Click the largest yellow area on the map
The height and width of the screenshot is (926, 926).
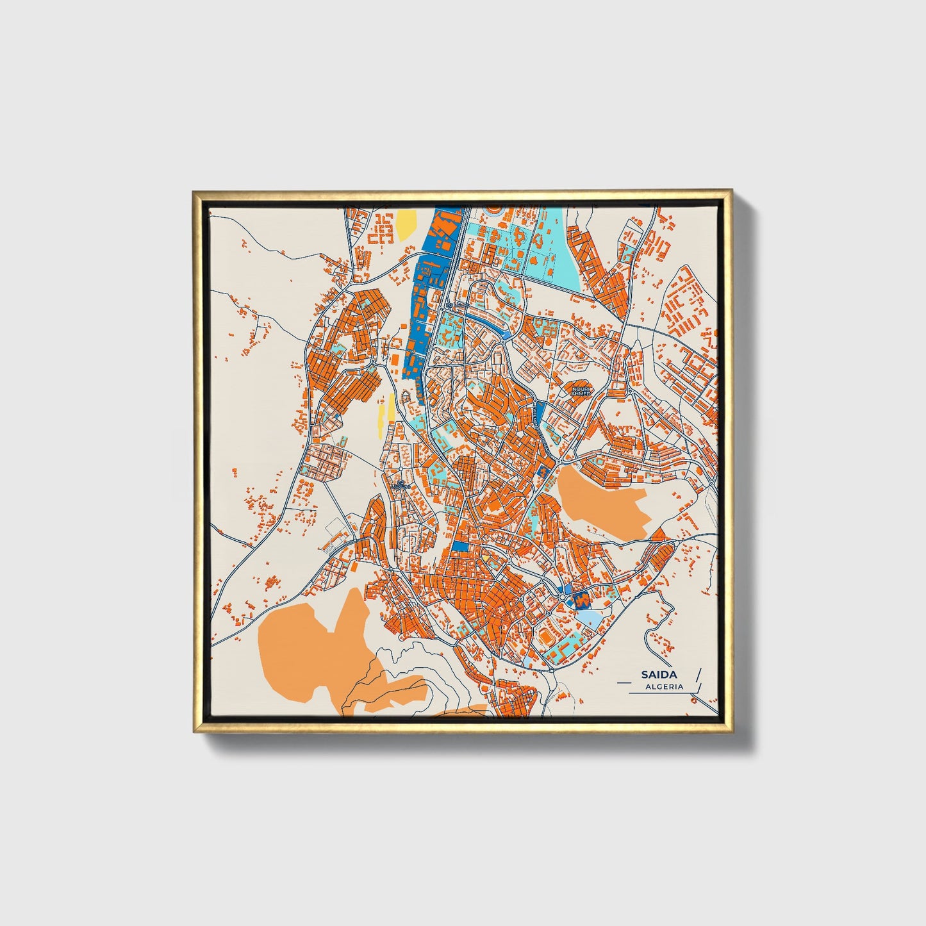coord(405,224)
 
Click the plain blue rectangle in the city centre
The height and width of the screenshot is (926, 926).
coord(460,545)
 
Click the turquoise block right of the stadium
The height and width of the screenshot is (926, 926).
coord(570,641)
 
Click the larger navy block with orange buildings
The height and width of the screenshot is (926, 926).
coord(582,600)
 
